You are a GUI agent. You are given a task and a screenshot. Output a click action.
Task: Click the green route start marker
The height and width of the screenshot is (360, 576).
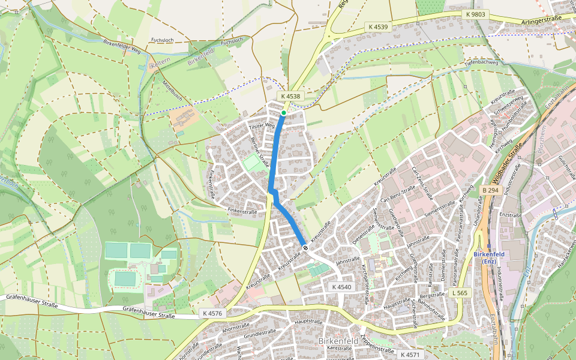click(x=283, y=112)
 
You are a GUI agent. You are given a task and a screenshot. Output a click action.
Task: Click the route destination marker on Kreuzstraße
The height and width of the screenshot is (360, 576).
click(x=305, y=247)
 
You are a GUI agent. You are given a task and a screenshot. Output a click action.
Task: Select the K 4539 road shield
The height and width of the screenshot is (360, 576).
click(x=379, y=27)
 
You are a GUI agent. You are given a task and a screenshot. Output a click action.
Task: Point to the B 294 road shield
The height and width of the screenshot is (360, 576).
click(x=490, y=190)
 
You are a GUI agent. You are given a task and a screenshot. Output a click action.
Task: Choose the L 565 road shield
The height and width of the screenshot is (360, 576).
click(x=461, y=293)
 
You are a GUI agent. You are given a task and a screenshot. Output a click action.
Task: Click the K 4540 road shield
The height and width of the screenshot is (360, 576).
click(x=341, y=287)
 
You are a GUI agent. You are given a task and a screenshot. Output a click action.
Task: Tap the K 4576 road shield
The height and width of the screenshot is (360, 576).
click(x=212, y=313)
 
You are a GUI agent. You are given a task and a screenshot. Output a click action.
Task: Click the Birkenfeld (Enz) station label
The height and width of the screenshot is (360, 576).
click(x=491, y=257)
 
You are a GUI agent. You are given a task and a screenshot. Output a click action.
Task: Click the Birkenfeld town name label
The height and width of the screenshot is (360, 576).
click(x=338, y=341)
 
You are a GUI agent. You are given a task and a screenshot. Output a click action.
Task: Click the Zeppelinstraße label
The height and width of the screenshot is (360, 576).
click(x=377, y=343)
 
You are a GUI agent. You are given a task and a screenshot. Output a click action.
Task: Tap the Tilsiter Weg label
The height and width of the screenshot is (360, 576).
click(x=262, y=126)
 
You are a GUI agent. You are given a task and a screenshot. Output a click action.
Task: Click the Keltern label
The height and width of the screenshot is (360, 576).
click(x=161, y=63)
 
